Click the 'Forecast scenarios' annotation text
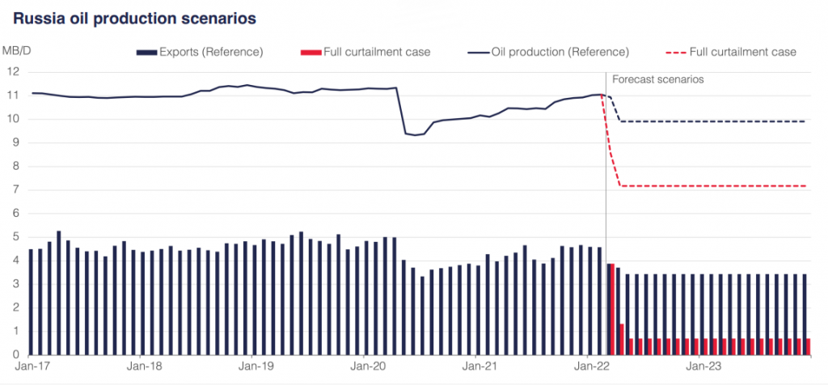(x=657, y=79)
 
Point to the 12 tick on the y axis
(x=12, y=72)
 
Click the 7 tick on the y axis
(x=15, y=190)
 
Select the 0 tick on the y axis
(x=15, y=354)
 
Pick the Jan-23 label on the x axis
(x=700, y=366)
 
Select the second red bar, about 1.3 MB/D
(x=621, y=339)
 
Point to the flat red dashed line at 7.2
(x=712, y=186)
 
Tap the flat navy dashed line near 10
(x=712, y=121)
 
